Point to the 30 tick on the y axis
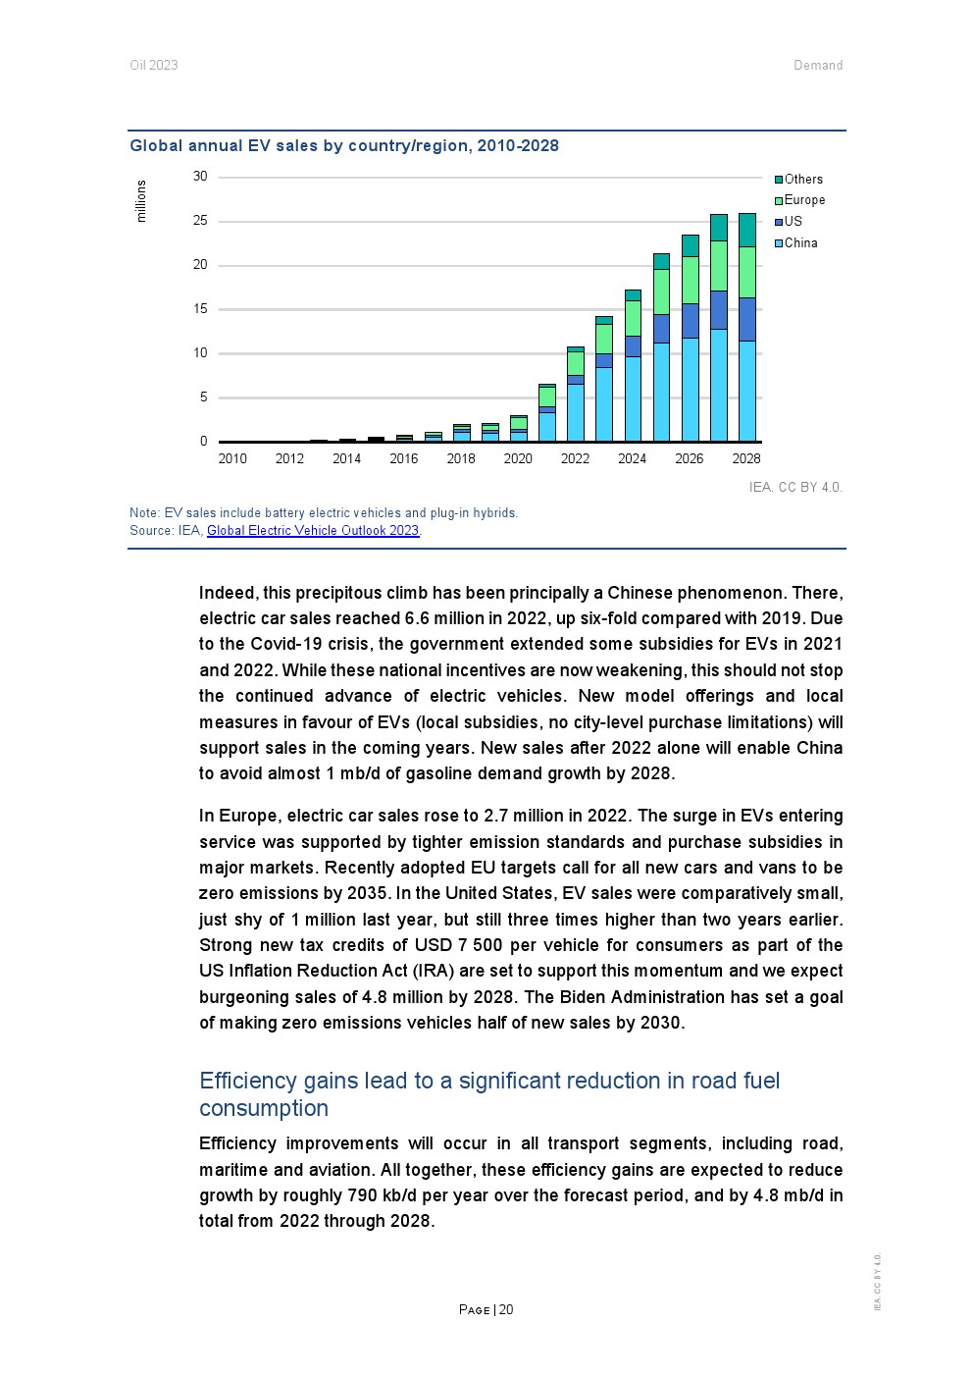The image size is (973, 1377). [200, 177]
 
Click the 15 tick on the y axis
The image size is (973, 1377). [200, 309]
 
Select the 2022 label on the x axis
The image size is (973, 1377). [575, 458]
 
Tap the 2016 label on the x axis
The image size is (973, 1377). [404, 458]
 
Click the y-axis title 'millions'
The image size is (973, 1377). [141, 201]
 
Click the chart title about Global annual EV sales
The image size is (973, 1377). [344, 146]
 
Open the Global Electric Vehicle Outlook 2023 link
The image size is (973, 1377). [313, 531]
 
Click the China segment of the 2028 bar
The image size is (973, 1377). [747, 391]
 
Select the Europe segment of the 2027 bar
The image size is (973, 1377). [719, 266]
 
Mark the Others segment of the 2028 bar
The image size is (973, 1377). [747, 230]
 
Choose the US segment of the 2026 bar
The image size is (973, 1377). [691, 321]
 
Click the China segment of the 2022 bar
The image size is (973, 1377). [576, 412]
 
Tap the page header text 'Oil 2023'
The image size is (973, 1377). [154, 66]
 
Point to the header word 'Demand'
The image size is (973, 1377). [818, 66]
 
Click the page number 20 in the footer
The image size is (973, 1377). [506, 1310]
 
